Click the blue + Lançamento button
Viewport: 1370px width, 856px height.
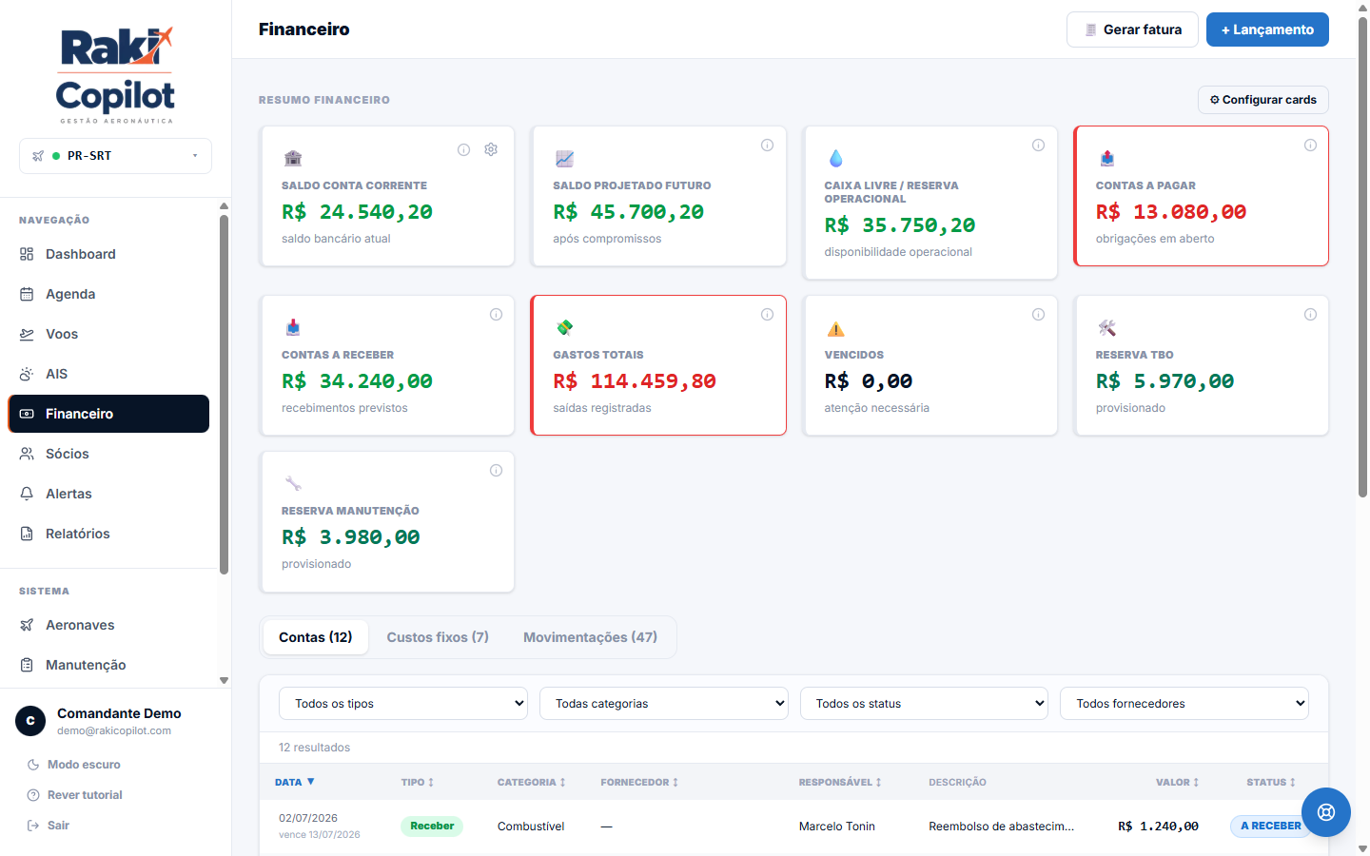click(1266, 29)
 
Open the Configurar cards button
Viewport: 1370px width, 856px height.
click(1262, 100)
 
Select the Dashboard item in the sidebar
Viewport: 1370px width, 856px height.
click(80, 254)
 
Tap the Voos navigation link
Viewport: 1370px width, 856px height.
click(62, 334)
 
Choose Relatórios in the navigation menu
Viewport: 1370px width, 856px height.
click(78, 534)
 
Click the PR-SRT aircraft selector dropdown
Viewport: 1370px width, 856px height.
click(116, 156)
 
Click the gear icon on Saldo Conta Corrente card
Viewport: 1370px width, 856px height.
click(491, 149)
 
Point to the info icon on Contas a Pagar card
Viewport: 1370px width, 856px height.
click(1310, 145)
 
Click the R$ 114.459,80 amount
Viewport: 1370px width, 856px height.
click(635, 380)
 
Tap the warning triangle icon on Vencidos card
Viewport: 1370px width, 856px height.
click(835, 329)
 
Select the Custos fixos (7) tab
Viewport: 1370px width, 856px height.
click(438, 637)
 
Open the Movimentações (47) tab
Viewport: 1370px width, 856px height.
click(590, 637)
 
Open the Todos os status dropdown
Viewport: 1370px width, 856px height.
click(924, 703)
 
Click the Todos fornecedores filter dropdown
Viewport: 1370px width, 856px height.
click(1184, 703)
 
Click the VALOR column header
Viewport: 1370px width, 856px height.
click(1177, 782)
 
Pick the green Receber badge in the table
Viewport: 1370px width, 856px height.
click(432, 826)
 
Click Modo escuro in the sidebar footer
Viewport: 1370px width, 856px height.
click(84, 765)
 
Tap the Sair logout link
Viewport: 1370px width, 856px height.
click(58, 826)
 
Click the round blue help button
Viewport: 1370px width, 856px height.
click(1326, 812)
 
